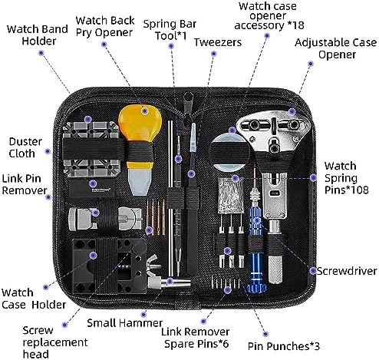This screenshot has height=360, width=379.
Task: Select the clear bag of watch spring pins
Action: tap(230, 196)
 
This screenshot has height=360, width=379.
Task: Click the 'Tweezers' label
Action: tap(218, 42)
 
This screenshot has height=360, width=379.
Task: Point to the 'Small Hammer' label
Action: tap(125, 323)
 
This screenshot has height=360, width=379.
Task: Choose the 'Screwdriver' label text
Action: tap(347, 271)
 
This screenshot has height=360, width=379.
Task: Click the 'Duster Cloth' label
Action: tap(25, 147)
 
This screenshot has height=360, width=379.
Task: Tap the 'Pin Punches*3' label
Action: tap(284, 346)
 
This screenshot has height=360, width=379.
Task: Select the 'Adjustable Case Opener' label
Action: tap(335, 48)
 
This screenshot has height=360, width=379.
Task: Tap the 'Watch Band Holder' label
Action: tap(38, 35)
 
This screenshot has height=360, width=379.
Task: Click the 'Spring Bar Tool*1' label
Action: tap(170, 30)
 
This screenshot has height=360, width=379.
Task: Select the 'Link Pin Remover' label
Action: tap(25, 184)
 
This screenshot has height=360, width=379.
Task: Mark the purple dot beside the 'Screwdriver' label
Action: tap(312, 271)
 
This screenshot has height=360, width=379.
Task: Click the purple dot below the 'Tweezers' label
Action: tap(214, 54)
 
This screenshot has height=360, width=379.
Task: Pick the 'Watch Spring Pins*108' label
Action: tap(347, 178)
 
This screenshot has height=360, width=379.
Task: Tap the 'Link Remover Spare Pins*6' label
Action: tap(196, 338)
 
